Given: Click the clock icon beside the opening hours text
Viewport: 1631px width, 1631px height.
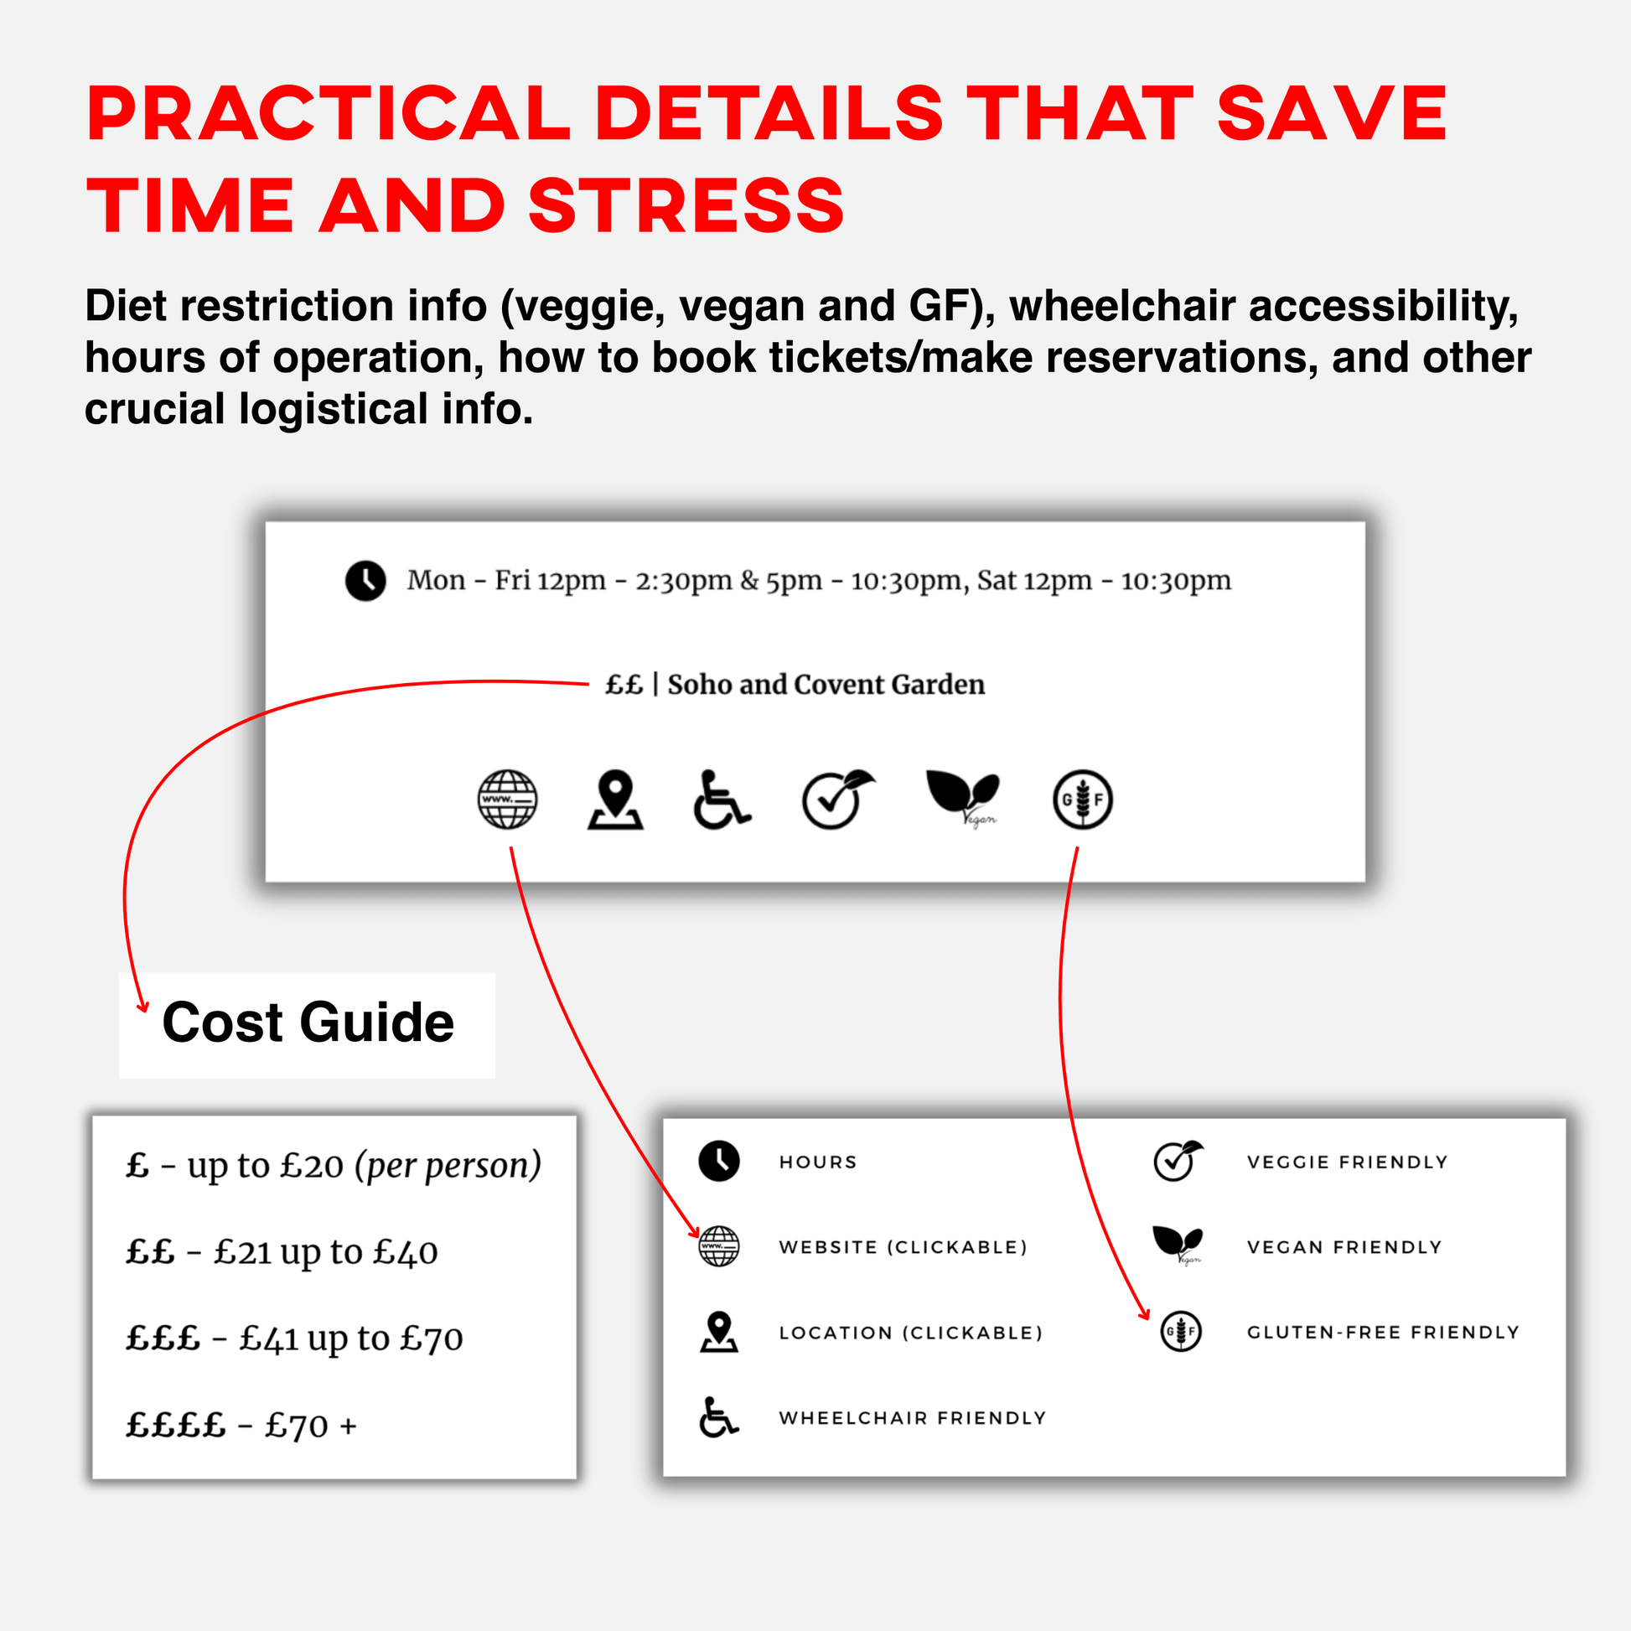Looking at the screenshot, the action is [365, 581].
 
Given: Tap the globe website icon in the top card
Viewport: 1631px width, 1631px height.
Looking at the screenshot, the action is [506, 800].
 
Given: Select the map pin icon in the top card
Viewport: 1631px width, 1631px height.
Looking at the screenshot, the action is [615, 800].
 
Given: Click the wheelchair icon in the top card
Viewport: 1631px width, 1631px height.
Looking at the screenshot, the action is [722, 800].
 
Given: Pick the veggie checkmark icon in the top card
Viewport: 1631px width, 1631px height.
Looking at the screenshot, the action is [837, 800].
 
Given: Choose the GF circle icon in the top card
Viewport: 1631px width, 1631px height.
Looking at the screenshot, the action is [1082, 800].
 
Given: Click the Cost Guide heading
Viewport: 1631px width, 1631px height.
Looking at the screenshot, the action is [308, 1023].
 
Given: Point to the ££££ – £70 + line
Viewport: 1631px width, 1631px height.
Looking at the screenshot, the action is [241, 1426].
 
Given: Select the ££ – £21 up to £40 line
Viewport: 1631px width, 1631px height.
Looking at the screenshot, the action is [282, 1252].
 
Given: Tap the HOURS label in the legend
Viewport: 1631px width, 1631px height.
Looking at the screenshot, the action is [818, 1162].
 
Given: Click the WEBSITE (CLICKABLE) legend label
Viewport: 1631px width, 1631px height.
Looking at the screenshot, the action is [904, 1248].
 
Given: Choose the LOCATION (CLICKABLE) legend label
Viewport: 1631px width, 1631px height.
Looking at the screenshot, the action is [911, 1333].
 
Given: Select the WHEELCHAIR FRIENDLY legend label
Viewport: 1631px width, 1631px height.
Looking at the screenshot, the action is [913, 1418].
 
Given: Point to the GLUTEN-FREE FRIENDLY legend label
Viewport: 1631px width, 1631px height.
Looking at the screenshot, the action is [1383, 1333].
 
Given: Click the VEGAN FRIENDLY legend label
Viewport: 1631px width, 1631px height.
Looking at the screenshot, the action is [1345, 1248].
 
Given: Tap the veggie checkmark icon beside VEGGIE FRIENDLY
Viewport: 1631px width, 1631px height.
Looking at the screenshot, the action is [1178, 1161].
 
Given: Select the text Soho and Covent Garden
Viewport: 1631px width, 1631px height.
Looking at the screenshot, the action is [826, 685].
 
